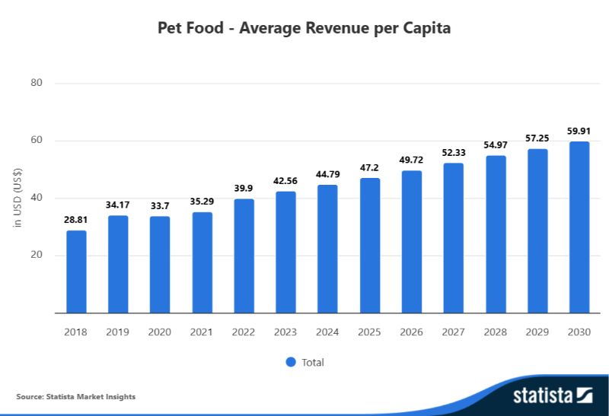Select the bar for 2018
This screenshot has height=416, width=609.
click(76, 272)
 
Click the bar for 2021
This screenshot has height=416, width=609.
click(202, 262)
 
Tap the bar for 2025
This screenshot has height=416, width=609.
click(370, 245)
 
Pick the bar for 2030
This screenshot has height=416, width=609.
click(579, 227)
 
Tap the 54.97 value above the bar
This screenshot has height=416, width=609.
click(496, 144)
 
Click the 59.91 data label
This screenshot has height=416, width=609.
click(579, 130)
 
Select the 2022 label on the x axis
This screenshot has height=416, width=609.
click(244, 332)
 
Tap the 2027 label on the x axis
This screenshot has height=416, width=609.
click(453, 332)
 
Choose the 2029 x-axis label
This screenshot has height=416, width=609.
click(537, 332)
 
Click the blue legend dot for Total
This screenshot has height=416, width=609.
click(291, 362)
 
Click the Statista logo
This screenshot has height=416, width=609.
click(552, 395)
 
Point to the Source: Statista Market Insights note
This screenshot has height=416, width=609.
click(75, 396)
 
